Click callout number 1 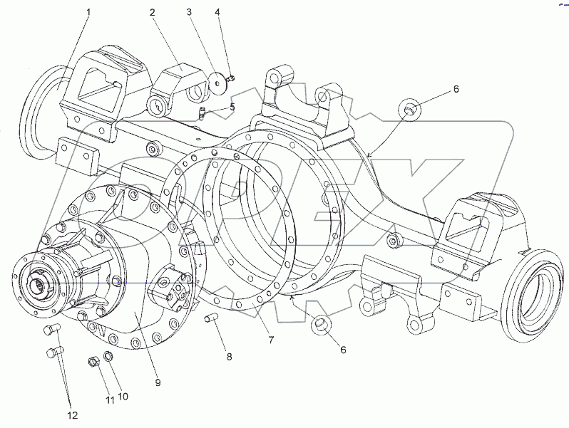tap(89, 12)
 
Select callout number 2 tap(153, 12)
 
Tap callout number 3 tap(189, 12)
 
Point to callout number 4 tap(217, 12)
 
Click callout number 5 tap(232, 108)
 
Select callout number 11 tap(110, 400)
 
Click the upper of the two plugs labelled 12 tap(51, 330)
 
